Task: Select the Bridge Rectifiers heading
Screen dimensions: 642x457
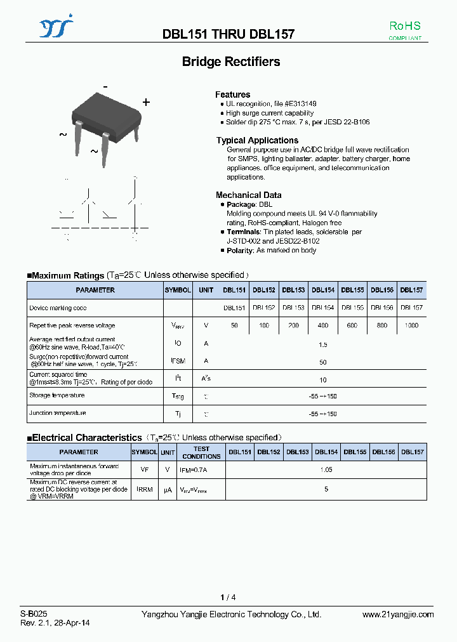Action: [231, 62]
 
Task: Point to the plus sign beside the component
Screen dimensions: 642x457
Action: [146, 102]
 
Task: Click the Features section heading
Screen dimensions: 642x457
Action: [232, 95]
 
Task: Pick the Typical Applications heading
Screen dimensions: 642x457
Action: [257, 140]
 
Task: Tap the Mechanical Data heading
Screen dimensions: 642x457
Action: [248, 195]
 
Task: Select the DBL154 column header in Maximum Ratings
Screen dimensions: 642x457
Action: [322, 290]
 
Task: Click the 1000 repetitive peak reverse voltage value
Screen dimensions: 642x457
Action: [411, 325]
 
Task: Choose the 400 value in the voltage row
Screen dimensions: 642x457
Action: [322, 325]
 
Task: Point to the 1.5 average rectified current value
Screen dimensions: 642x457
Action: [322, 344]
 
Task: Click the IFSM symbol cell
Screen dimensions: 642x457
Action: [178, 361]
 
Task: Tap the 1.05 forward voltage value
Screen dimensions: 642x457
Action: [326, 470]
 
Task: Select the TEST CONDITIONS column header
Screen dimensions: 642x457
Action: [201, 452]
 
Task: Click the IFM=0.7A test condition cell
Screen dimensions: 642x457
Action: [193, 470]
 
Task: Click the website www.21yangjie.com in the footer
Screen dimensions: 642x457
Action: [398, 614]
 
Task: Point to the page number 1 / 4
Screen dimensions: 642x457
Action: [228, 598]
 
